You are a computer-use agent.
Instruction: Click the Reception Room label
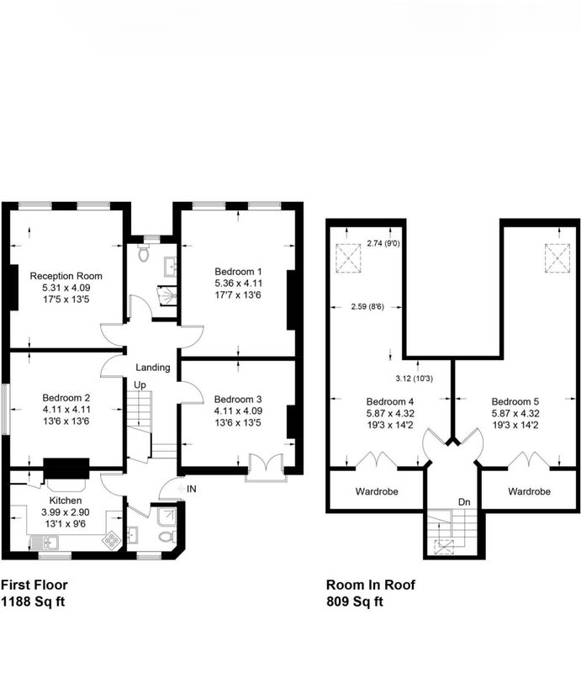(x=66, y=276)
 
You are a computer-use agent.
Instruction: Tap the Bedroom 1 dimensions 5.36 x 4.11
(x=238, y=284)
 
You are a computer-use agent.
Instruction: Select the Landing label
(x=153, y=368)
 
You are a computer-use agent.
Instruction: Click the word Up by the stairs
(x=140, y=385)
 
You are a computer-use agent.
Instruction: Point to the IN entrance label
(x=192, y=489)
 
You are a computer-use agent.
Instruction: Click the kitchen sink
(x=45, y=543)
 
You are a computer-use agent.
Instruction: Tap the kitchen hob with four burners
(x=112, y=540)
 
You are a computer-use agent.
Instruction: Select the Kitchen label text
(x=66, y=501)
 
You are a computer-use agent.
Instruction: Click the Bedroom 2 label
(x=66, y=398)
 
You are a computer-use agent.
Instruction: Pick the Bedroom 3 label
(x=238, y=400)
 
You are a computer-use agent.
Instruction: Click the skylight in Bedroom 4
(x=348, y=258)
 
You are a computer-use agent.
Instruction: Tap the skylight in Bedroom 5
(x=557, y=258)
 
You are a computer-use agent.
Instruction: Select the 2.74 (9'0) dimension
(x=383, y=244)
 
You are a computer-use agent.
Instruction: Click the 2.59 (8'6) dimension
(x=367, y=307)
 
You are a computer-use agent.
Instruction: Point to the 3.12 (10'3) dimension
(x=414, y=379)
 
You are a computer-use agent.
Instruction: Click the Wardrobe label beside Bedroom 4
(x=377, y=491)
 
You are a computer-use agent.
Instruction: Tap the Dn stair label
(x=464, y=502)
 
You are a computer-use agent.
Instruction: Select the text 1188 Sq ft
(x=33, y=601)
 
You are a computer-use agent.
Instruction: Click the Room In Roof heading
(x=371, y=585)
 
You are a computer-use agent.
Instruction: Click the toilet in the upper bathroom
(x=143, y=254)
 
